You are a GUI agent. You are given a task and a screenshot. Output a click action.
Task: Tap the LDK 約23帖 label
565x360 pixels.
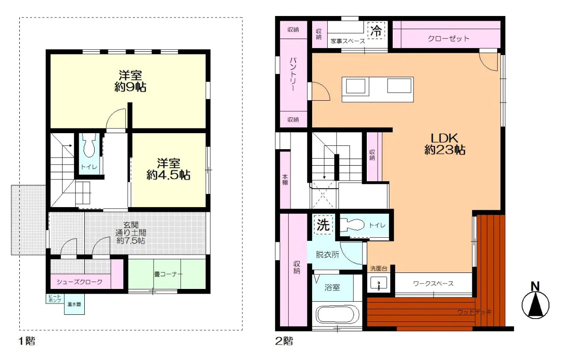click(445, 144)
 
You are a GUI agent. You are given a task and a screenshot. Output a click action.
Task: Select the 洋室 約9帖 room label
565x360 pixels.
click(130, 81)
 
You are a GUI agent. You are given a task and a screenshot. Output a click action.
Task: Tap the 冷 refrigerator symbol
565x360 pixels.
click(376, 31)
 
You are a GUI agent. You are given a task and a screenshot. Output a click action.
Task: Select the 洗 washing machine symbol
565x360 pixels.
click(323, 225)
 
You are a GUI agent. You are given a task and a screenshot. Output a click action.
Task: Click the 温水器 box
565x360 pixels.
click(74, 304)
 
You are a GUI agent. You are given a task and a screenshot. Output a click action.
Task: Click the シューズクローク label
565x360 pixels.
click(80, 282)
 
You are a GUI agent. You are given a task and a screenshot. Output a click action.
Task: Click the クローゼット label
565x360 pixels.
click(448, 39)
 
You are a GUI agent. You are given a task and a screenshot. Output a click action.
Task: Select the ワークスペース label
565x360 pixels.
click(433, 283)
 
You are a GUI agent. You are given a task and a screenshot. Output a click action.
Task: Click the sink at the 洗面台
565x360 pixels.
click(379, 284)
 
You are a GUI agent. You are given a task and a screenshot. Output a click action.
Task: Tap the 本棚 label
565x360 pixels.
click(285, 180)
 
